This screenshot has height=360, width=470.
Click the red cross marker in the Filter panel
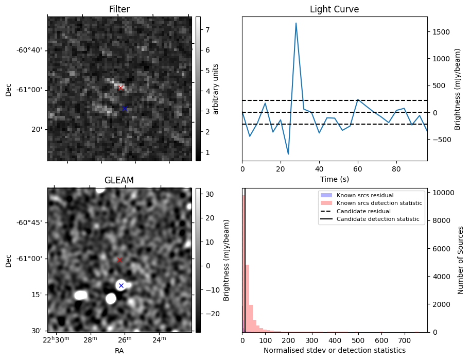click(x=120, y=88)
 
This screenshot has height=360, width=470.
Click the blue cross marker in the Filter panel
click(x=125, y=109)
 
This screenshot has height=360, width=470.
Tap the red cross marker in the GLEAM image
click(x=120, y=260)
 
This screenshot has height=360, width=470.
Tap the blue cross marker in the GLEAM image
click(x=121, y=285)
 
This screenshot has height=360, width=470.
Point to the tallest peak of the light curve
click(x=296, y=23)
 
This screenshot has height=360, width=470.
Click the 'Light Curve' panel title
click(x=334, y=10)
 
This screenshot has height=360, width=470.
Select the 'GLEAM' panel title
click(x=119, y=180)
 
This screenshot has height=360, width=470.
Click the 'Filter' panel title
click(x=119, y=10)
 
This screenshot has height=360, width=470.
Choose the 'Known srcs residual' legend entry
click(x=364, y=196)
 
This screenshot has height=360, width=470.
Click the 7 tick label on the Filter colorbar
click(x=205, y=30)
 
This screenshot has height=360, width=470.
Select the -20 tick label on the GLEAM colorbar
click(x=210, y=314)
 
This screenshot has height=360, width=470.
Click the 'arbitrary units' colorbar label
click(x=216, y=89)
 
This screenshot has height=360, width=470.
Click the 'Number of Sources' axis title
click(x=460, y=260)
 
